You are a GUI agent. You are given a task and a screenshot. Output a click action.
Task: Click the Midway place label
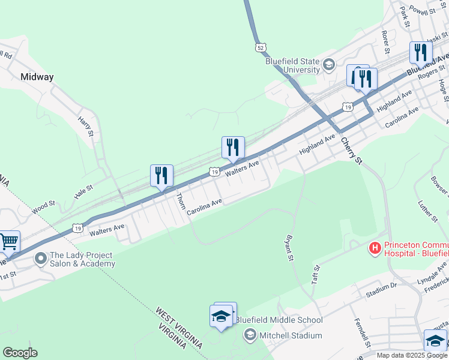pyautogui.click(x=37, y=77)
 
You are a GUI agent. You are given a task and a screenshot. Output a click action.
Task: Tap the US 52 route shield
pyautogui.click(x=259, y=47)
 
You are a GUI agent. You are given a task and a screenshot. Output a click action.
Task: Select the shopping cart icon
pyautogui.click(x=8, y=242)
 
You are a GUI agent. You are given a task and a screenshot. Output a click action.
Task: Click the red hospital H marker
pyautogui.click(x=375, y=247)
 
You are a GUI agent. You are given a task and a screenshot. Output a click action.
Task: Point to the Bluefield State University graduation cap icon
pyautogui.click(x=329, y=64)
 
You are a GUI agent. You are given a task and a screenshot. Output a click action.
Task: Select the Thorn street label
pyautogui.click(x=180, y=200)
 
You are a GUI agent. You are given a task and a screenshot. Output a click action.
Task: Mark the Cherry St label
pyautogui.click(x=352, y=151)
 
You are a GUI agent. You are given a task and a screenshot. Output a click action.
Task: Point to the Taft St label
pyautogui.click(x=315, y=274)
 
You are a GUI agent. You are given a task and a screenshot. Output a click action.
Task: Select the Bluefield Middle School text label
pyautogui.click(x=279, y=320)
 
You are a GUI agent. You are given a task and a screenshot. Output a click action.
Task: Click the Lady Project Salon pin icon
pyautogui.click(x=41, y=259)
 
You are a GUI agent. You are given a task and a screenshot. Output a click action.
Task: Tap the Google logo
pyautogui.click(x=20, y=353)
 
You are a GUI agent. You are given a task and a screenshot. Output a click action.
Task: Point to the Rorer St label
pyautogui.click(x=385, y=40)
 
